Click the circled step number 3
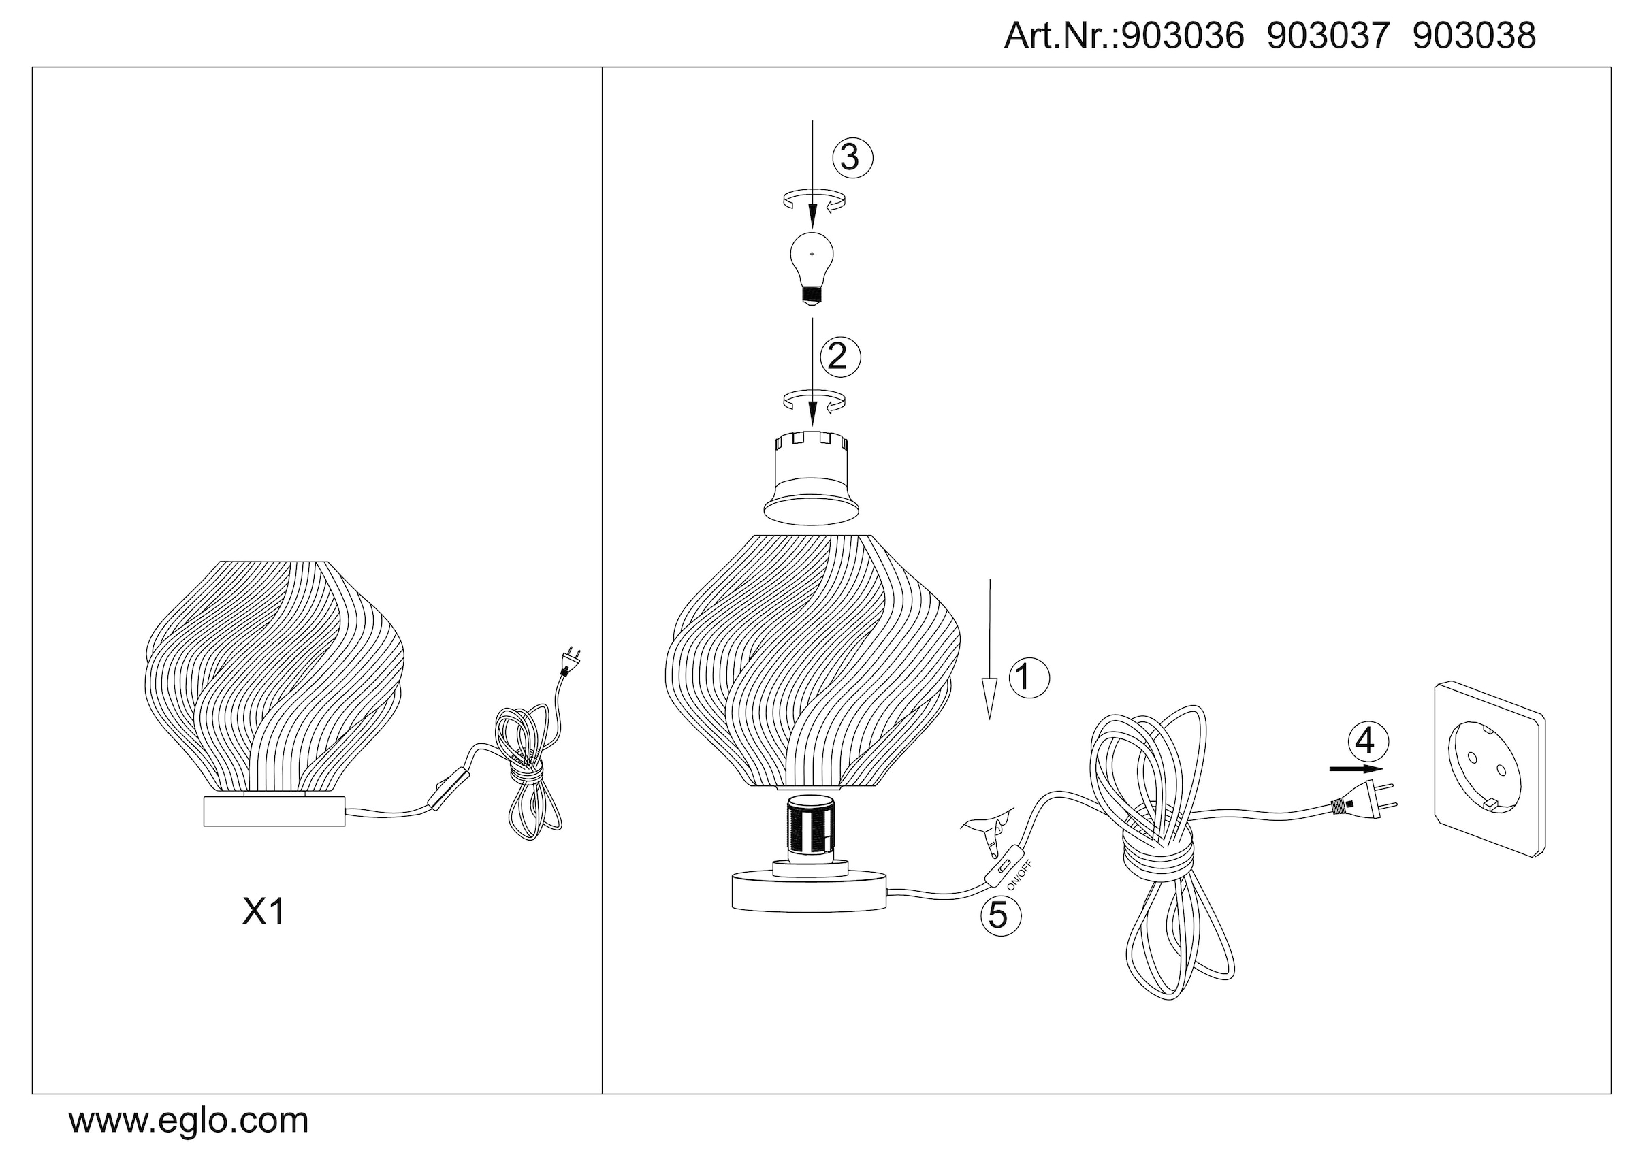click(x=852, y=158)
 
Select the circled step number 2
click(x=839, y=357)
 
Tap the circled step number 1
click(x=1028, y=677)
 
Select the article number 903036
click(x=1182, y=35)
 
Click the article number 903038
click(x=1474, y=35)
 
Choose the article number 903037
click(x=1328, y=35)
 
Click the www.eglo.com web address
click(x=189, y=1121)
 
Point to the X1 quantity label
click(x=263, y=911)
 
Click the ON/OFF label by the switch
click(x=1019, y=875)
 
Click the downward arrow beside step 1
click(x=989, y=649)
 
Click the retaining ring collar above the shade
click(x=812, y=477)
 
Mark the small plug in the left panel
click(x=571, y=661)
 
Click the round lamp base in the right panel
click(x=810, y=890)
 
